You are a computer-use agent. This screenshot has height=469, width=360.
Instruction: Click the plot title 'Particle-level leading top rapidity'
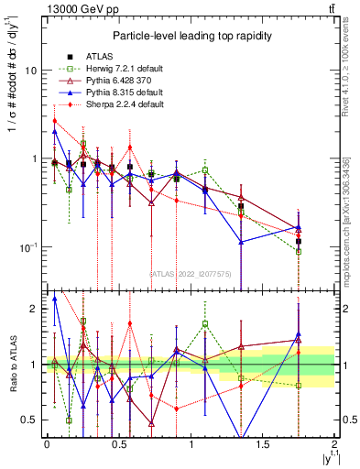[x=190, y=36]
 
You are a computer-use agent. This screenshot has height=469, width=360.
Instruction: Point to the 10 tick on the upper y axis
[x=32, y=71]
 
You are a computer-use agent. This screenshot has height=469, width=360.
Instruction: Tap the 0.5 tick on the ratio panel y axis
[x=29, y=420]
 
